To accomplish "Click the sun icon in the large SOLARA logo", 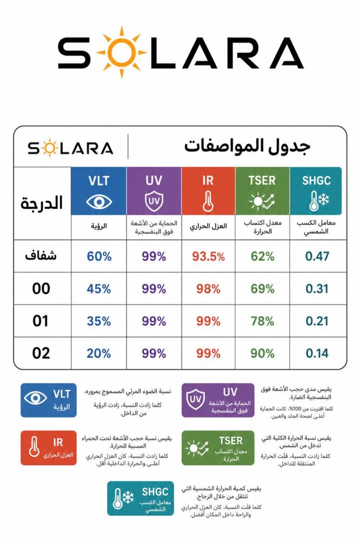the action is point(122,52).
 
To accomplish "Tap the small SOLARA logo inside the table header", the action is point(70,148).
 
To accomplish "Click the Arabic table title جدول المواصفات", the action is point(247,146).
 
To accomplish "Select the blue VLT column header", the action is point(98,191).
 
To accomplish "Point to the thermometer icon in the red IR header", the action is point(208,201).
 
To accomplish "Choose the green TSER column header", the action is point(262,191).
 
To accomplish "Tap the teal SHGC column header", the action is point(316,191).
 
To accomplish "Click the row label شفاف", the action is point(41,256).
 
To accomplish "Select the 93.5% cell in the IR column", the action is point(208,256).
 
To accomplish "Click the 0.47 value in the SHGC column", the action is point(317,256).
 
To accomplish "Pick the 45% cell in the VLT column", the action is point(99,289).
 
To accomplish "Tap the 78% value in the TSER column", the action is point(262,321).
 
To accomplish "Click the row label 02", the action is point(41,353).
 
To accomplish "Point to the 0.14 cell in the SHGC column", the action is point(317,353).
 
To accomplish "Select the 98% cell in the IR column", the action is point(208,289).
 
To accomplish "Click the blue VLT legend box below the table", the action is point(49,400).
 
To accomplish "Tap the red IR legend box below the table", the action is point(49,448).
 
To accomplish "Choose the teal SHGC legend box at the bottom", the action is point(141,498).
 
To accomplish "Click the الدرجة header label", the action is point(42,203).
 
